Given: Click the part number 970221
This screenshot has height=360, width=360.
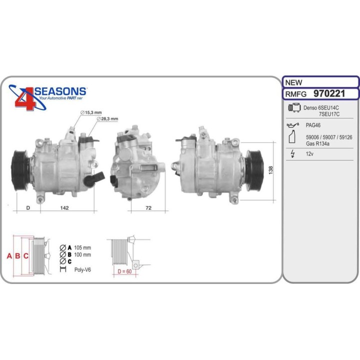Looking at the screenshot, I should (x=330, y=93).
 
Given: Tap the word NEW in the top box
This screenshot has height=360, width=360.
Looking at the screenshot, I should (x=293, y=82).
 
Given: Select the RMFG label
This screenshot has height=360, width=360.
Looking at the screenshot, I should (x=296, y=93).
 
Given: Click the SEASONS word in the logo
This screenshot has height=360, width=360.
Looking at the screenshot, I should (x=60, y=91).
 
